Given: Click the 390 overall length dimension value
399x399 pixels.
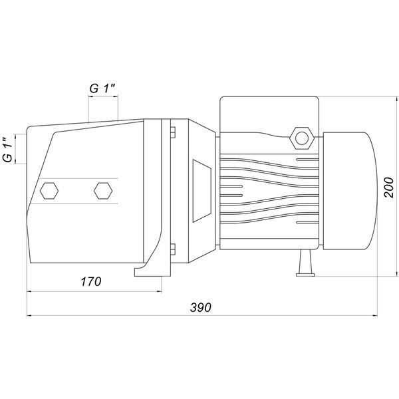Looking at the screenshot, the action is pos(201,307).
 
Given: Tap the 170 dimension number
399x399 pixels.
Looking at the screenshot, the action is pos(91,281).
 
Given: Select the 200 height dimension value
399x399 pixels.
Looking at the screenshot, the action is pos(388,188).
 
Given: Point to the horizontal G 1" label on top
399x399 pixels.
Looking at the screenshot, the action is pos(102,88).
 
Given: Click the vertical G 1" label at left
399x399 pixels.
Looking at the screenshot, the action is pos(8,150).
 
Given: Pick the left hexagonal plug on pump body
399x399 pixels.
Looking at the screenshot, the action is pos(49,191).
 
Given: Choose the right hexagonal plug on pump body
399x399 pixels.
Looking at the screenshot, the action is pos(103,191).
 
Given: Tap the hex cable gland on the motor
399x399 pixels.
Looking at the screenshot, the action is pos(302,138).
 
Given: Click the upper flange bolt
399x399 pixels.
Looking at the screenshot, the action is pos(173,132).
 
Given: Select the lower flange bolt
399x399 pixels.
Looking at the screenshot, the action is pos(173,249).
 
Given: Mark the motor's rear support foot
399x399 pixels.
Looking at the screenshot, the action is pos(305,263).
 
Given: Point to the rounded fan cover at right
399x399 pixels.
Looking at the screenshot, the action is pos(350,191).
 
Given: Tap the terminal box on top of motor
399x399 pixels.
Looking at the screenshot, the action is pos(269,114).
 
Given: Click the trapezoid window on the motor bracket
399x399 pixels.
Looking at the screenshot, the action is pos(201,191).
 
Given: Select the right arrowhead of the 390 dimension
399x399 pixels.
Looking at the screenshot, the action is pos(375,316).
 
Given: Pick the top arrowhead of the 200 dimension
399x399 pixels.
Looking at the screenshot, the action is pos(397,99).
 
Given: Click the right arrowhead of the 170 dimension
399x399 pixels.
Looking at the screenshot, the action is pos(160,291).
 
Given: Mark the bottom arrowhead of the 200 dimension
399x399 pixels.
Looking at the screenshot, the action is pos(397,273).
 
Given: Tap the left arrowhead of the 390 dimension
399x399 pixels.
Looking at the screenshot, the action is pos(29,316).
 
